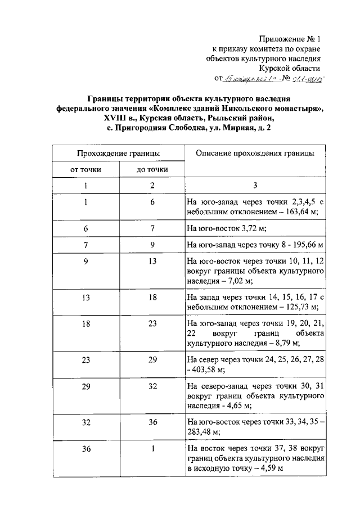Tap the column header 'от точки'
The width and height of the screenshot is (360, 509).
85,169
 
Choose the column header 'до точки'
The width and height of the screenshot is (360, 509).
152,169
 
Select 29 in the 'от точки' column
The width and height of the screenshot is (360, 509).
85,388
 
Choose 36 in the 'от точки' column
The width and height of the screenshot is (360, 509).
85,448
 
